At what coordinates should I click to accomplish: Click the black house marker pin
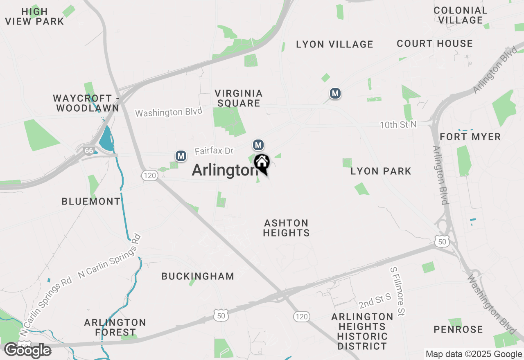262,163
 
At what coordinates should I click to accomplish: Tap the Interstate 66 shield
88,150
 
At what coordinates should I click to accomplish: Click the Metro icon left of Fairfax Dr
181,156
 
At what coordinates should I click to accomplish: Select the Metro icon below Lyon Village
335,94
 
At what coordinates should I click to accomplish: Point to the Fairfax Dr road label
214,151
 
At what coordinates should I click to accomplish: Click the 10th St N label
398,125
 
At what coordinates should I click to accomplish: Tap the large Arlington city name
224,170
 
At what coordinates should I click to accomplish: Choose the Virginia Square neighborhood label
239,98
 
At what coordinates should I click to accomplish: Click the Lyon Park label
381,171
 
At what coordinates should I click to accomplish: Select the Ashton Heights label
286,228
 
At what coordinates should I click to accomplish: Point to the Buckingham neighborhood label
198,276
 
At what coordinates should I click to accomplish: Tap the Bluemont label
91,201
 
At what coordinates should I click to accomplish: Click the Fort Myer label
470,137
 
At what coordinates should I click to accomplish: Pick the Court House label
434,43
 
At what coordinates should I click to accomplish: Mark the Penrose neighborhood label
458,329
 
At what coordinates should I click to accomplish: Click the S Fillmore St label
398,291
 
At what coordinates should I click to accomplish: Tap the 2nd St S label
375,301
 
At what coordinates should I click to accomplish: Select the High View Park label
35,16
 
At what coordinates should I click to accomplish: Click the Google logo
27,351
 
